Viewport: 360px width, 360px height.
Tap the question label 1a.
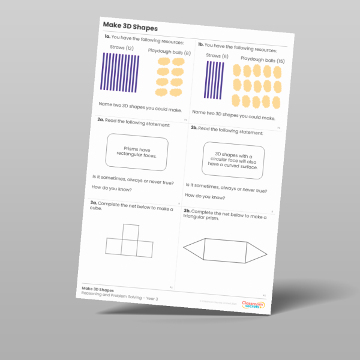point(107,37)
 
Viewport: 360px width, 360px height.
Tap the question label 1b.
point(200,44)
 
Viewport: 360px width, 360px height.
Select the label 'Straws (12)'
point(121,47)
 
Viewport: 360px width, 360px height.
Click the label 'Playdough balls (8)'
point(170,52)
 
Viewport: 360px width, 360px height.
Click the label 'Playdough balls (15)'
point(262,61)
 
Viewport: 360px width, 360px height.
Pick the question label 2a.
point(101,119)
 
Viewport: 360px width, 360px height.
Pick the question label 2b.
point(193,128)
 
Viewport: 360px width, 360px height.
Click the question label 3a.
point(94,203)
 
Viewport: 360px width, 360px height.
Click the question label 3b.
point(187,211)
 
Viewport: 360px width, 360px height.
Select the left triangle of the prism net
point(193,248)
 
